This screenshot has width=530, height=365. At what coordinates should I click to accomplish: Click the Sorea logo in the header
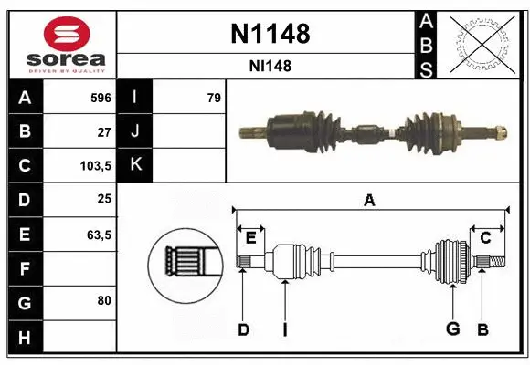click(61, 44)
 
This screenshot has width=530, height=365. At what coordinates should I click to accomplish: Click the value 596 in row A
click(101, 98)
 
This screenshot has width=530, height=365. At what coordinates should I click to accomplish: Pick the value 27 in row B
click(103, 131)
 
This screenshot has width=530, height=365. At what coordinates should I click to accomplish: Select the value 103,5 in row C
click(96, 166)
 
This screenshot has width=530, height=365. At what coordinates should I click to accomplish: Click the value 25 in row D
click(103, 200)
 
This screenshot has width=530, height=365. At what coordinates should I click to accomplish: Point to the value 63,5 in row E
click(99, 235)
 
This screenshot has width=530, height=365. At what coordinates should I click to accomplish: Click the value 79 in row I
click(213, 98)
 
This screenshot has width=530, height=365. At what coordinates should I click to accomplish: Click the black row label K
click(135, 166)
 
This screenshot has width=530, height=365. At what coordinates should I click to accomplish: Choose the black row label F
click(24, 268)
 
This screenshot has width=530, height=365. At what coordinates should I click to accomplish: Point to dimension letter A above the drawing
click(369, 201)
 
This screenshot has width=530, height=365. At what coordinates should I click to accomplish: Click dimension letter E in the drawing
click(249, 237)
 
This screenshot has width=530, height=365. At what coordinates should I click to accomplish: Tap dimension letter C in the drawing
click(485, 237)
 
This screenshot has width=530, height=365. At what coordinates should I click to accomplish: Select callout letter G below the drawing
click(450, 328)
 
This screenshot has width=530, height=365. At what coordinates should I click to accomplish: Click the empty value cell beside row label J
click(189, 131)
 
